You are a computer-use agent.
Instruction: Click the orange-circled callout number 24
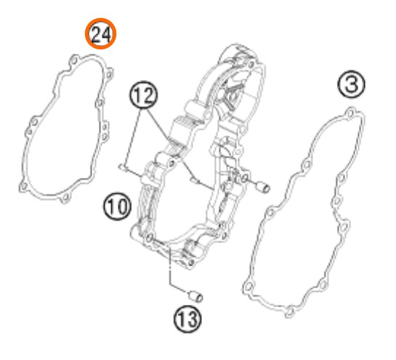(100, 33)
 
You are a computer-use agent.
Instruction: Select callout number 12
(143, 95)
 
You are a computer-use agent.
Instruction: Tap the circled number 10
(117, 206)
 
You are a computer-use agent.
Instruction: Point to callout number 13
(187, 319)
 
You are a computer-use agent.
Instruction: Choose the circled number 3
(351, 84)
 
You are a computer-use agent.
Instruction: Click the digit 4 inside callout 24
(106, 35)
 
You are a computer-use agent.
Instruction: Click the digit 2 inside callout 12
(148, 95)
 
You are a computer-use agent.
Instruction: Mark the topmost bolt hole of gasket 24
(74, 60)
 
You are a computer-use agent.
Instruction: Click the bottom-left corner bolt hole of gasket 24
(23, 187)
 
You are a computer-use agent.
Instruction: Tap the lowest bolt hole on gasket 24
(65, 197)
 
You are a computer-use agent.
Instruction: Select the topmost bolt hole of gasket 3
(350, 113)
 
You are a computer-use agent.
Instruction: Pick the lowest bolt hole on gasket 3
(290, 312)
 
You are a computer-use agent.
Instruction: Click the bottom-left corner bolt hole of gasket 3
(248, 287)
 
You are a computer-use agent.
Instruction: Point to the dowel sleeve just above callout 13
(196, 296)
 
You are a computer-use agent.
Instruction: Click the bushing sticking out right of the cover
(263, 187)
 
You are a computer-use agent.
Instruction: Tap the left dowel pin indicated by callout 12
(123, 167)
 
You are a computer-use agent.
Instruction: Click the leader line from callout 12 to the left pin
(132, 138)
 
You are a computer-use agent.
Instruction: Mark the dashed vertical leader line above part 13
(170, 266)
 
